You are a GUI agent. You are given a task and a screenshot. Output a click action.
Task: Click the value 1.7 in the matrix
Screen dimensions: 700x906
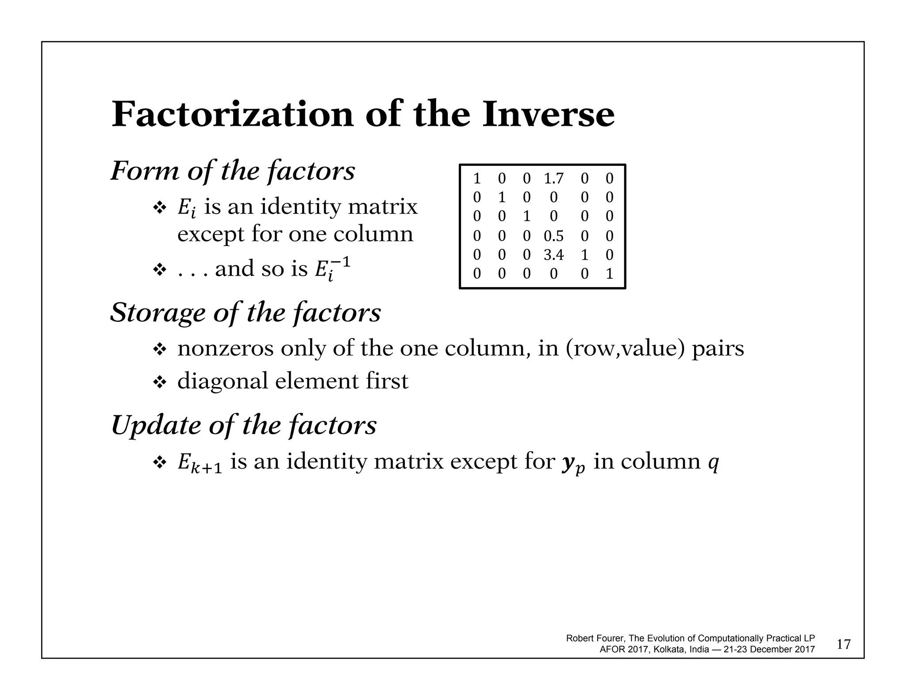click(553, 179)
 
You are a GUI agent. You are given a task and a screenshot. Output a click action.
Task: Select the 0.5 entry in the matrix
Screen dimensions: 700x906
click(553, 236)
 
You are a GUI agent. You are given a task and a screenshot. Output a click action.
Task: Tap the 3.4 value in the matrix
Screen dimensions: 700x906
click(553, 255)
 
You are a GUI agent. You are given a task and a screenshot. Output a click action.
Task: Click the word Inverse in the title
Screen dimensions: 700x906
click(548, 115)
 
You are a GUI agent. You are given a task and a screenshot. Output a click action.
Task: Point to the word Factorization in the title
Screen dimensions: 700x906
click(233, 115)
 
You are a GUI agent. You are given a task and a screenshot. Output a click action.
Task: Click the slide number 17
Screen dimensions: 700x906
click(844, 644)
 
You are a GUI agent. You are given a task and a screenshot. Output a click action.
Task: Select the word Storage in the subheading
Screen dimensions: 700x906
click(157, 313)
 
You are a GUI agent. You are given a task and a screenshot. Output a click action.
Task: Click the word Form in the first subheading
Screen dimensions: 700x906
click(144, 170)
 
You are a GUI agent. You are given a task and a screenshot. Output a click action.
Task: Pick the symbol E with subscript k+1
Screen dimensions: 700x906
click(200, 463)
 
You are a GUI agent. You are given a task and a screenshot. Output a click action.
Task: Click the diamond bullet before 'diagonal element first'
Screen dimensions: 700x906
click(159, 382)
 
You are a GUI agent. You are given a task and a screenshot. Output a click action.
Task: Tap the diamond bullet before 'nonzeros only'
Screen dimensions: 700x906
click(159, 349)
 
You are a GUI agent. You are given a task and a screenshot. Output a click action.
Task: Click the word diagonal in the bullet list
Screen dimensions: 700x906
click(223, 381)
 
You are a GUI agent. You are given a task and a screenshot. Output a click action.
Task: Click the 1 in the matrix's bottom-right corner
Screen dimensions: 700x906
click(609, 274)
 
